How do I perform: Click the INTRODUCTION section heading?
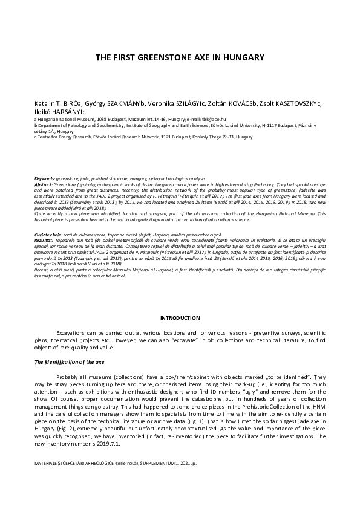click(x=180, y=318)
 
